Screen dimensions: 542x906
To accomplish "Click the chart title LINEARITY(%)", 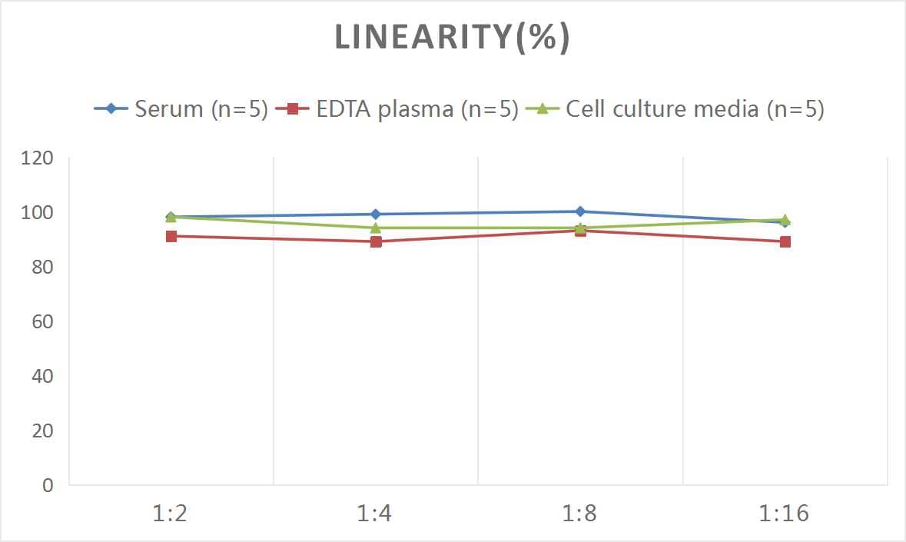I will (x=453, y=38).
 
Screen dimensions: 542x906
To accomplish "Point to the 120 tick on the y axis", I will (x=38, y=158).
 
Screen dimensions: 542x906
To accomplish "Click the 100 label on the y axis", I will (x=38, y=213).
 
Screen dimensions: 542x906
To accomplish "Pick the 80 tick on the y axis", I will (x=42, y=268).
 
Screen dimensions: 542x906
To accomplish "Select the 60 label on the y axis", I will (x=42, y=321).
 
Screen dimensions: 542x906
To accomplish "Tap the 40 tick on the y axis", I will (x=42, y=376).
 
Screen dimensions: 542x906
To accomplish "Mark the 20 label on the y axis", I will (x=42, y=431).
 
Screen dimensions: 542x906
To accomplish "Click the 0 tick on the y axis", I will (x=48, y=485).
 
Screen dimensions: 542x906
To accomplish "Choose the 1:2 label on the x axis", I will (x=171, y=514).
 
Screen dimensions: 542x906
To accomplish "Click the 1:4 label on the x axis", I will (x=375, y=514).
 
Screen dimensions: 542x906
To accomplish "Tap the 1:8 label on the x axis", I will (x=580, y=514).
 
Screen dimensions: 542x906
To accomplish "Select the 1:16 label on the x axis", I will (x=785, y=514).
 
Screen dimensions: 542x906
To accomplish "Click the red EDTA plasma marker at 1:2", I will (x=171, y=237).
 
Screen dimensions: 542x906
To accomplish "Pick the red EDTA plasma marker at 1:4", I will (x=376, y=242).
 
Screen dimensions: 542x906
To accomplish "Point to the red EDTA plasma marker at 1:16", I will (x=785, y=242).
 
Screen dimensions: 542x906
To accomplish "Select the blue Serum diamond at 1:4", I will (x=376, y=214).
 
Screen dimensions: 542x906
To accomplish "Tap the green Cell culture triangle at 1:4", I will (x=376, y=228).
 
